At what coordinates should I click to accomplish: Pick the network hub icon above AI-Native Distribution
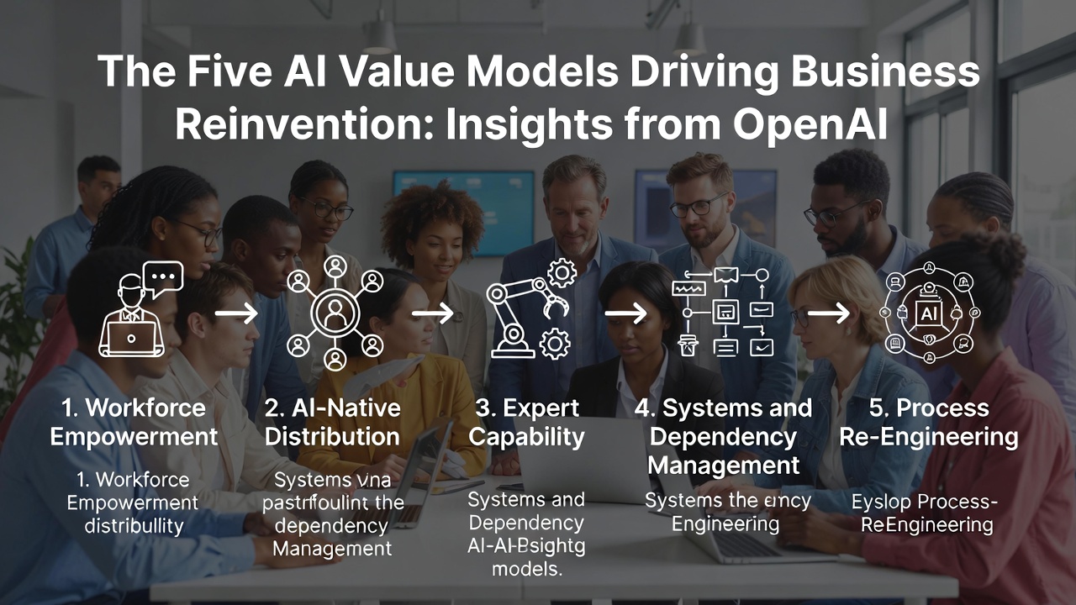click(x=335, y=313)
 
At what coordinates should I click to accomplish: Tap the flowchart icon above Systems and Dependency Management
click(x=722, y=313)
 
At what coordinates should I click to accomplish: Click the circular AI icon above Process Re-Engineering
click(x=928, y=313)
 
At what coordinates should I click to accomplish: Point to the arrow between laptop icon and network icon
click(x=236, y=313)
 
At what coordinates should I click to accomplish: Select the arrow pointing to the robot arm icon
click(x=433, y=313)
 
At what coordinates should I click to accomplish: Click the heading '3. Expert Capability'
click(x=526, y=423)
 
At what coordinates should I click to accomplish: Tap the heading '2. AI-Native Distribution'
click(x=332, y=423)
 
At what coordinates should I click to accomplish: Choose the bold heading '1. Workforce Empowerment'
click(x=134, y=423)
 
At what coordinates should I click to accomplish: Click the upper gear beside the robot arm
click(x=562, y=273)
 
